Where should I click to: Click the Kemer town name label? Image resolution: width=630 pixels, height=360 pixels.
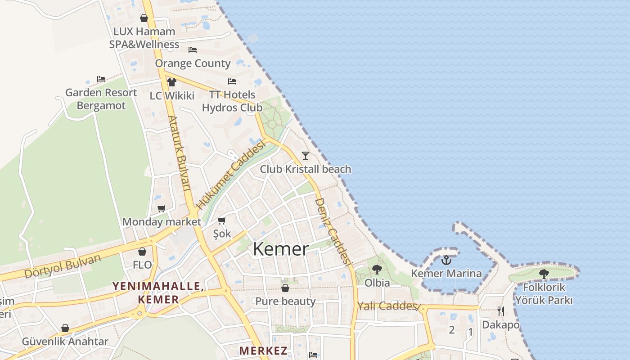pyautogui.click(x=281, y=249)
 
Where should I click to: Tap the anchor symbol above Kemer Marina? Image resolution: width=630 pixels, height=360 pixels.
pyautogui.click(x=446, y=260)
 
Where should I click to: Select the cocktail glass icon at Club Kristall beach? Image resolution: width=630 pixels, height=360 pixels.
pyautogui.click(x=306, y=156)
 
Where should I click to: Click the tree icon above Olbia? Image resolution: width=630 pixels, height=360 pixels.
pyautogui.click(x=377, y=270)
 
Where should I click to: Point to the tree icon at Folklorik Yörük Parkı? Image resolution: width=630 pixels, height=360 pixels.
pyautogui.click(x=544, y=274)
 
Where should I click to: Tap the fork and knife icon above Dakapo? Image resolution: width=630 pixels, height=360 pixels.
pyautogui.click(x=500, y=310)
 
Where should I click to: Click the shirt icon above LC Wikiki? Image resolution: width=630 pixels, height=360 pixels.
pyautogui.click(x=171, y=82)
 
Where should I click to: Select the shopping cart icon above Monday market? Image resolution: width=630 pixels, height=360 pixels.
pyautogui.click(x=161, y=208)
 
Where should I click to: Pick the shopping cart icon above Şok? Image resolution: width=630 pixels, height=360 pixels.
pyautogui.click(x=221, y=220)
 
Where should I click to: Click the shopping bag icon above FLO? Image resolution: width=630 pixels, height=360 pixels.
pyautogui.click(x=142, y=252)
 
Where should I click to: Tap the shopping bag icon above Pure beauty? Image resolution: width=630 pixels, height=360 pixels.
pyautogui.click(x=285, y=288)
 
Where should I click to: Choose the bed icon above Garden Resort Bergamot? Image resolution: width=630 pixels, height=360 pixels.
pyautogui.click(x=101, y=79)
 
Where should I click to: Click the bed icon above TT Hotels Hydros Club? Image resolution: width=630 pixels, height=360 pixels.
pyautogui.click(x=232, y=81)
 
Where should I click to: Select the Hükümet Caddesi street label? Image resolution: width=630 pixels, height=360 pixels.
pyautogui.click(x=229, y=175)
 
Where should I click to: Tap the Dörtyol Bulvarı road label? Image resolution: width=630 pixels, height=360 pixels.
pyautogui.click(x=63, y=266)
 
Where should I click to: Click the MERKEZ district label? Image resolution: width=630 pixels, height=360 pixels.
pyautogui.click(x=263, y=351)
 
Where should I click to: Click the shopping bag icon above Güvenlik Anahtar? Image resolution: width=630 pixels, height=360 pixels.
pyautogui.click(x=65, y=328)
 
